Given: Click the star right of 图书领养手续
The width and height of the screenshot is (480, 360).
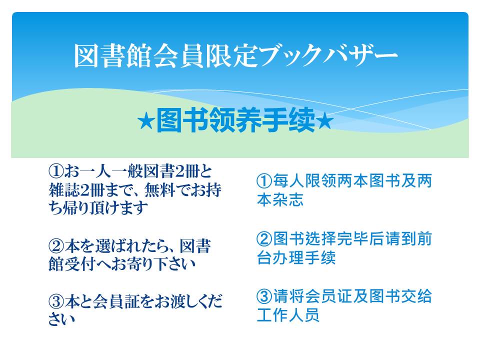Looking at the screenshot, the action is (x=325, y=121).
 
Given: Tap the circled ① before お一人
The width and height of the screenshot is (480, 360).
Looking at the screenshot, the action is (x=56, y=171).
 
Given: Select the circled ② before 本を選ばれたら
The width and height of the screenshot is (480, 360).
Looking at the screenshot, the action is (x=56, y=246).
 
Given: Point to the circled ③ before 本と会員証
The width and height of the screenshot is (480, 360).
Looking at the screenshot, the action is (x=56, y=301).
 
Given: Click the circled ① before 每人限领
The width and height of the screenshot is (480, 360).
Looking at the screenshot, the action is (x=264, y=181).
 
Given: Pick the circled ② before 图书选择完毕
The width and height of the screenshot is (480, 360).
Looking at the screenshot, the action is (x=264, y=239).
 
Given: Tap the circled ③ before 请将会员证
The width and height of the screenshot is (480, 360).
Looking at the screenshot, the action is (x=264, y=296).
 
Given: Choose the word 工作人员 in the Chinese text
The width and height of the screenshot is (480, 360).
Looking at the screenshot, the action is (x=288, y=315).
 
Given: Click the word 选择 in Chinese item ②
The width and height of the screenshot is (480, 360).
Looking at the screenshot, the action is (x=320, y=239).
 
